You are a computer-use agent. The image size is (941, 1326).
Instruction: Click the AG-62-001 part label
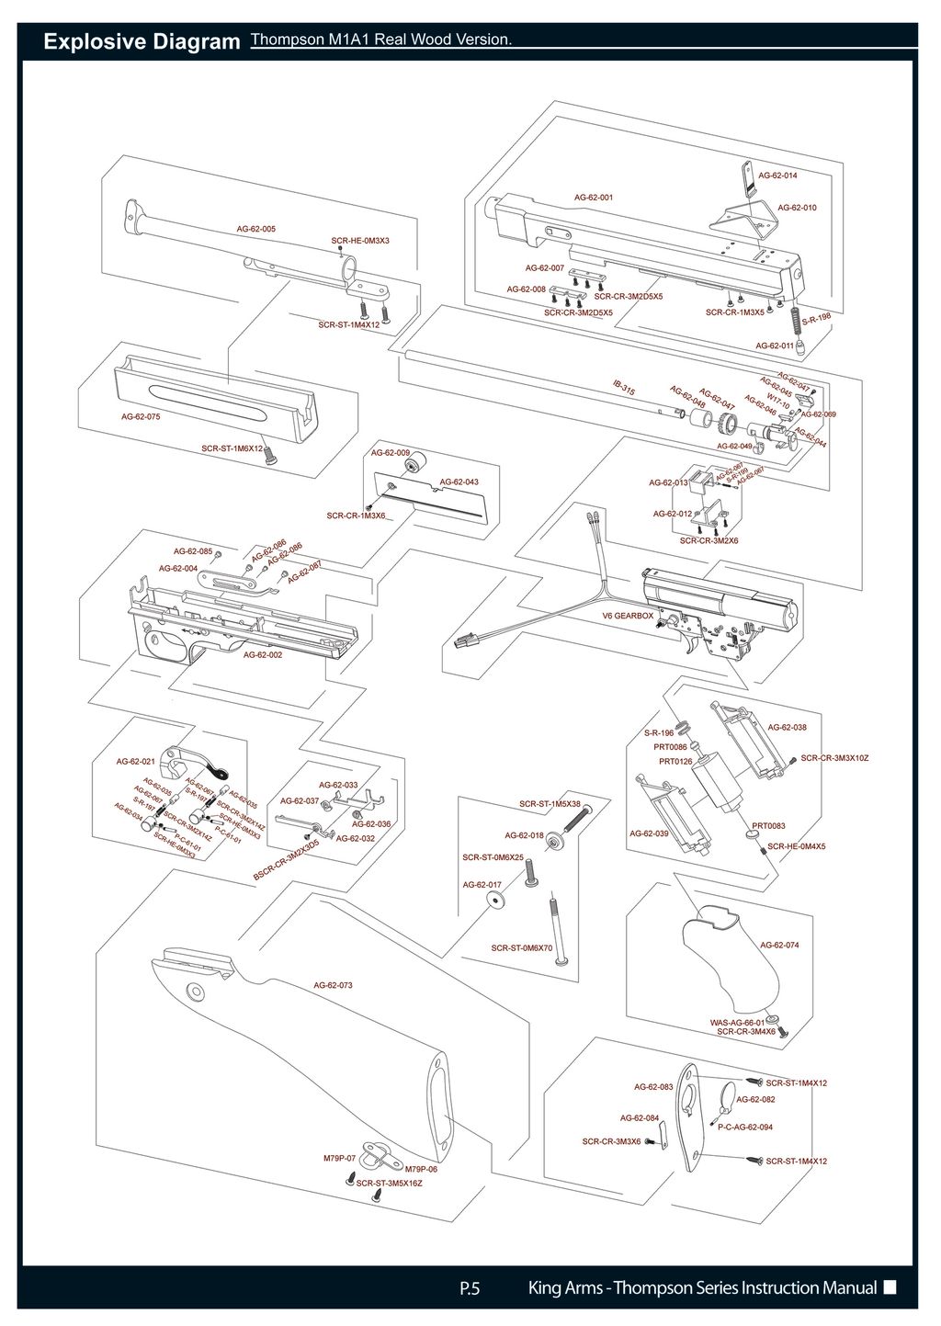click(x=594, y=197)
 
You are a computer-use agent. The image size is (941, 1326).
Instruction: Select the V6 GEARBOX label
click(x=628, y=616)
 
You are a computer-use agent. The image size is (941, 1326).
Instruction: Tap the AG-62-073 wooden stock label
click(x=333, y=985)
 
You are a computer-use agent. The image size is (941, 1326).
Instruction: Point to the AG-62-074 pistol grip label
click(x=779, y=945)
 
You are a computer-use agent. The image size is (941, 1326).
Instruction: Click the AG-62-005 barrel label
click(x=255, y=229)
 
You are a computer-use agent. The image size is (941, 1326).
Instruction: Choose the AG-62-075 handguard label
click(x=141, y=416)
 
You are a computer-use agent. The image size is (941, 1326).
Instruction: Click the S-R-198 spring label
click(x=816, y=318)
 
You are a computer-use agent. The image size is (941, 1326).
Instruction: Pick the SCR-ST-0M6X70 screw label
click(x=521, y=947)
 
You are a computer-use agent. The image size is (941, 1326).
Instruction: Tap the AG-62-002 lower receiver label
click(x=263, y=654)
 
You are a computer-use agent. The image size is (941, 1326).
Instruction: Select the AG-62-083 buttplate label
click(x=653, y=1086)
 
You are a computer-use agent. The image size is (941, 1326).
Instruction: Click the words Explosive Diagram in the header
click(x=142, y=42)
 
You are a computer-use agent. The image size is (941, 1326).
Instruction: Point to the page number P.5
click(x=470, y=1287)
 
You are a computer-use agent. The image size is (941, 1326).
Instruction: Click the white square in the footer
click(x=889, y=1286)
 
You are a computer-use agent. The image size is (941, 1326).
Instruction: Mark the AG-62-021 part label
click(x=135, y=761)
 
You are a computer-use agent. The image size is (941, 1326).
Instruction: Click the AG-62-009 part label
click(x=391, y=453)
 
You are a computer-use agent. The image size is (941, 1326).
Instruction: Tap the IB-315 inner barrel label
click(x=624, y=389)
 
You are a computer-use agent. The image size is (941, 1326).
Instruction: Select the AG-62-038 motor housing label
click(x=787, y=727)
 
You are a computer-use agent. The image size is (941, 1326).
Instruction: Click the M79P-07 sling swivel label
click(x=339, y=1158)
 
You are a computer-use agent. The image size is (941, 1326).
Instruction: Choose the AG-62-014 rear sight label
click(x=777, y=175)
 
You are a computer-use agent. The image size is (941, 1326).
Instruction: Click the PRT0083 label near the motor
click(x=768, y=826)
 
